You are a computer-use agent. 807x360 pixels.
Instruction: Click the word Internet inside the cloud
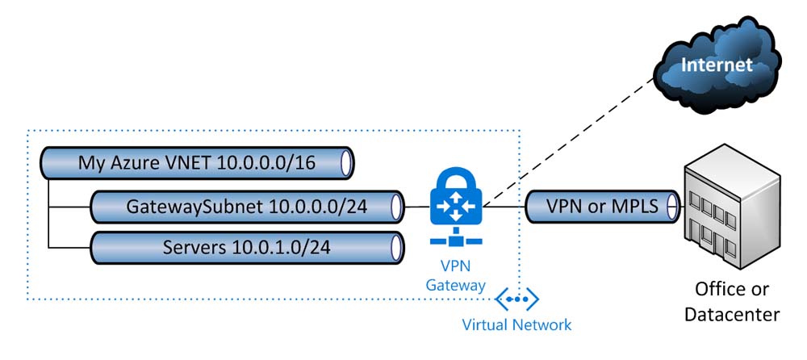point(717,65)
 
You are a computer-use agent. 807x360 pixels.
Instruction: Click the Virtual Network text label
point(516,324)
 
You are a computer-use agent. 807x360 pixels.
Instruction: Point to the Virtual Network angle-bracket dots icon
point(517,299)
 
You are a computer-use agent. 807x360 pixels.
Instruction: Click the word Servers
point(193,246)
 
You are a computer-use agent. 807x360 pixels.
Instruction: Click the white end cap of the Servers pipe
point(397,246)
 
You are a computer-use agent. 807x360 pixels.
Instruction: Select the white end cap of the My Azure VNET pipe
point(347,163)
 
